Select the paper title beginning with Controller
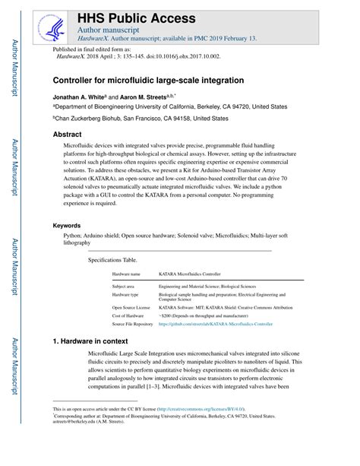148,80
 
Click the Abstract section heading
67,134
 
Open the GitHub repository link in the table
215,323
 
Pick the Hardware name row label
126,273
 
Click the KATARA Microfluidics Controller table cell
189,273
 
